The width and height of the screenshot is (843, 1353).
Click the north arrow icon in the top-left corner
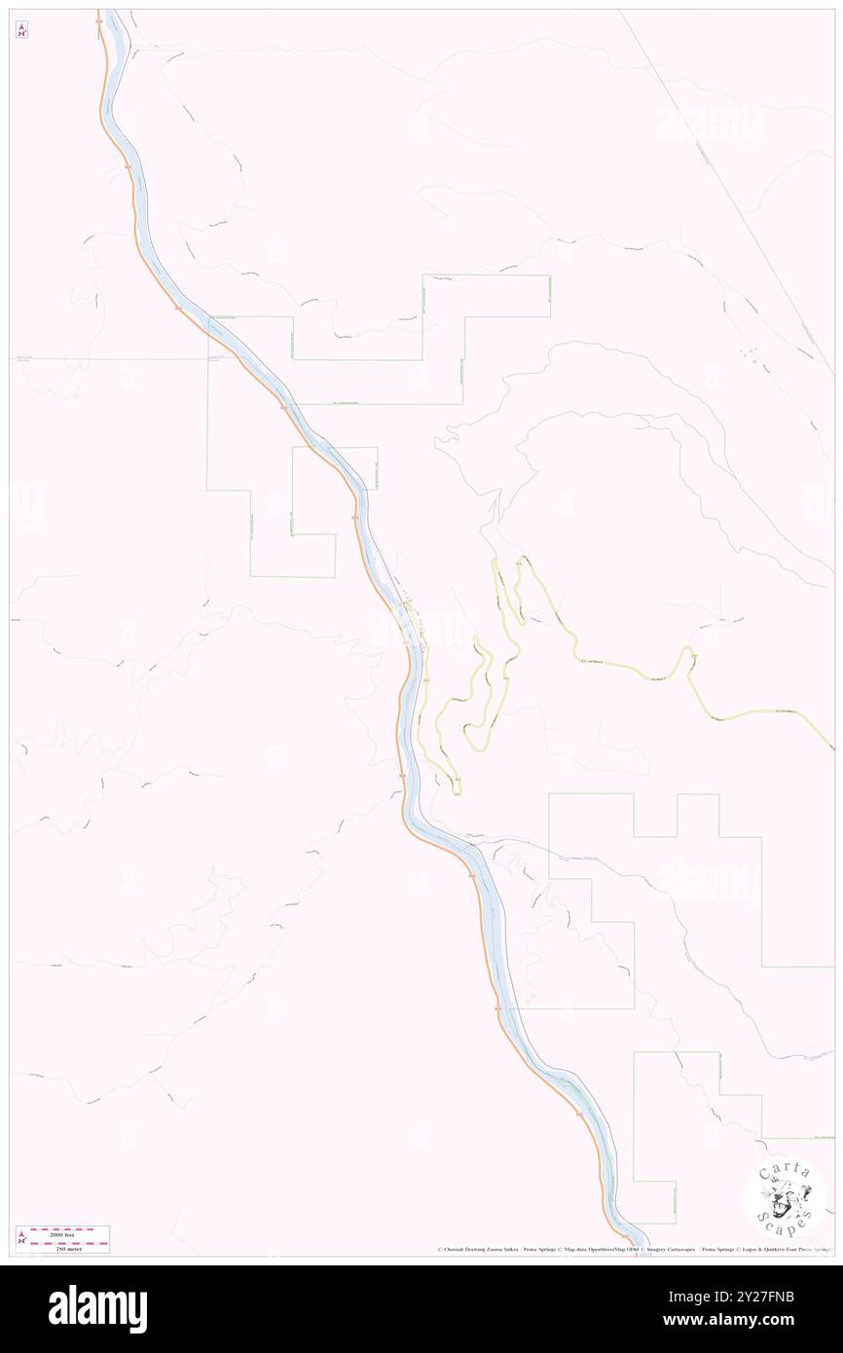coord(21,30)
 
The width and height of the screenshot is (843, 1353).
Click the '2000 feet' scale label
coord(63,1232)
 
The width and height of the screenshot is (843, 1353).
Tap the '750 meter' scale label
coord(63,1248)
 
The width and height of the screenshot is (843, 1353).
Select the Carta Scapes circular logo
coord(785,1199)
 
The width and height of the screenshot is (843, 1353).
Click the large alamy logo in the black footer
coord(97,1308)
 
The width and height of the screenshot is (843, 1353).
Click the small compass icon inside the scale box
coord(21,1239)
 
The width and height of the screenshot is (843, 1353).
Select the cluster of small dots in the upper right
coord(751,353)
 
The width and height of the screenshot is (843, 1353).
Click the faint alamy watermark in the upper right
coord(708,125)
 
